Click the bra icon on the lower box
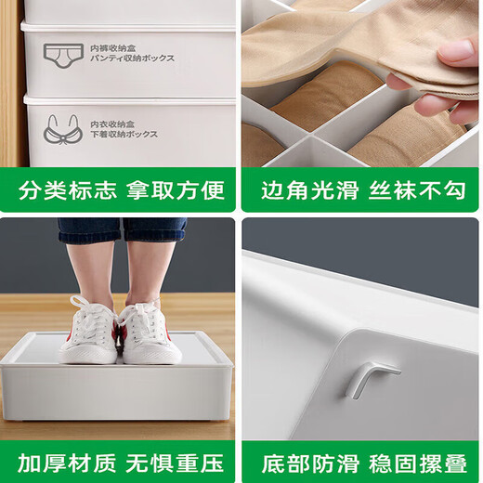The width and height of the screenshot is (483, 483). tap(62, 127)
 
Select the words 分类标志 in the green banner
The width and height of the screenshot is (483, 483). tap(68, 190)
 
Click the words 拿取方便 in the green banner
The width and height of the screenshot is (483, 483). tap(176, 190)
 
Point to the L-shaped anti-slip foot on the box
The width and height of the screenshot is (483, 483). tap(369, 376)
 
